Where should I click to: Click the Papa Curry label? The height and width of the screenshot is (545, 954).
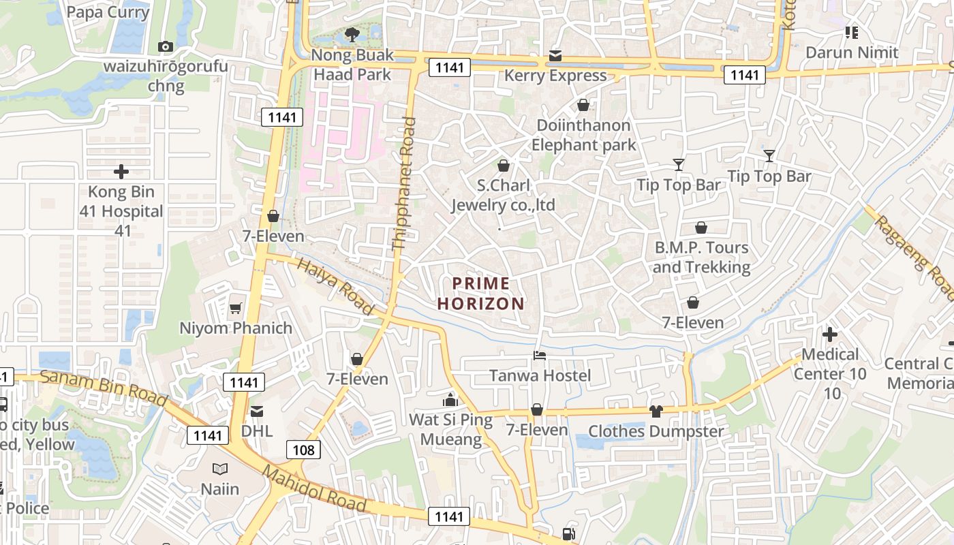108,12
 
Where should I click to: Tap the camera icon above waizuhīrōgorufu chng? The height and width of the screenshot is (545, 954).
165,46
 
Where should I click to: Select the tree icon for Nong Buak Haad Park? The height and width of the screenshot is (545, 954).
352,34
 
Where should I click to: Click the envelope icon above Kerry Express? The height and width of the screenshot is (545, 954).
555,55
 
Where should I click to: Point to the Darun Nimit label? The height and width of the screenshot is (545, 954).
852,52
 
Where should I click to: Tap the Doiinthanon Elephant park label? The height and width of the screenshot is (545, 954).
583,135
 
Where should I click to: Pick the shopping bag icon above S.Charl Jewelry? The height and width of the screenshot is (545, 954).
504,166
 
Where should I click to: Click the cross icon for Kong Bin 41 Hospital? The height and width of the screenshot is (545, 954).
121,172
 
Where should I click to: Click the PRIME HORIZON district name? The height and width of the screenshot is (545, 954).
481,294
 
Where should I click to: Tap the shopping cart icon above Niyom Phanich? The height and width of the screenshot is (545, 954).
235,308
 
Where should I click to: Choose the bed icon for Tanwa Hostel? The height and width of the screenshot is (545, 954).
540,356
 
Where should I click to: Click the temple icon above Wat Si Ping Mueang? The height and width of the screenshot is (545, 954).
450,399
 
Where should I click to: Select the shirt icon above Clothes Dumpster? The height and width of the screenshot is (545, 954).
656,411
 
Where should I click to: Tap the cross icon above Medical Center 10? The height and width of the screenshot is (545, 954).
830,334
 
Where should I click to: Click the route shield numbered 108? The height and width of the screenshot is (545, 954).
304,450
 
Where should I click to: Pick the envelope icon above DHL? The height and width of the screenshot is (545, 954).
257,411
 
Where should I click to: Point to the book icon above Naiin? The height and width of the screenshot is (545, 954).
219,469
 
